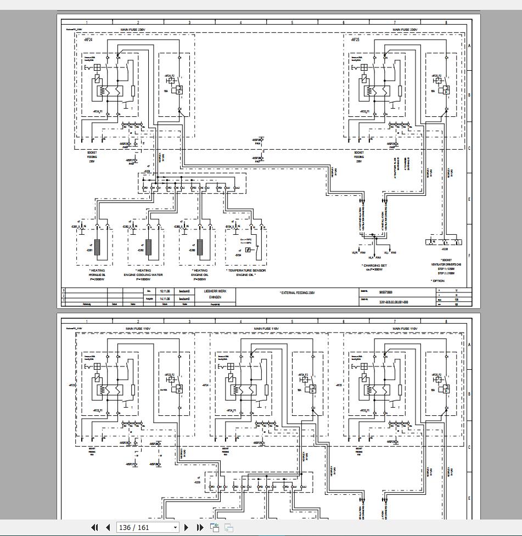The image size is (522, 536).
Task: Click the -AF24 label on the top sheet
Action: (87, 40)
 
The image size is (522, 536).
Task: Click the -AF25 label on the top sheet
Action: (355, 40)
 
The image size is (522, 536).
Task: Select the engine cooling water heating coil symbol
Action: (148, 247)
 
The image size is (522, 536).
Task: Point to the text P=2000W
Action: (97, 279)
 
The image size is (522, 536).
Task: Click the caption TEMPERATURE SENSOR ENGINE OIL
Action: (246, 273)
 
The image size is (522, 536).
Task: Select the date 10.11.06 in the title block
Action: (164, 291)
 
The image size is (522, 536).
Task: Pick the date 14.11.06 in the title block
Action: (164, 298)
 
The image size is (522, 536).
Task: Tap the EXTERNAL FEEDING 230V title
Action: (297, 293)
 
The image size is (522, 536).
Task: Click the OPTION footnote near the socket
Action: (438, 281)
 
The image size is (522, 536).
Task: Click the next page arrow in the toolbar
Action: (186, 527)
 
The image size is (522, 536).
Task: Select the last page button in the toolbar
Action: (198, 527)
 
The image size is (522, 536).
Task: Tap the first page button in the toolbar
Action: (94, 527)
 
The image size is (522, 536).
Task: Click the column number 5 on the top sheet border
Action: (292, 22)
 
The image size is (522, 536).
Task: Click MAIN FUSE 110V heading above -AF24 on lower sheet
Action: (266, 328)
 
